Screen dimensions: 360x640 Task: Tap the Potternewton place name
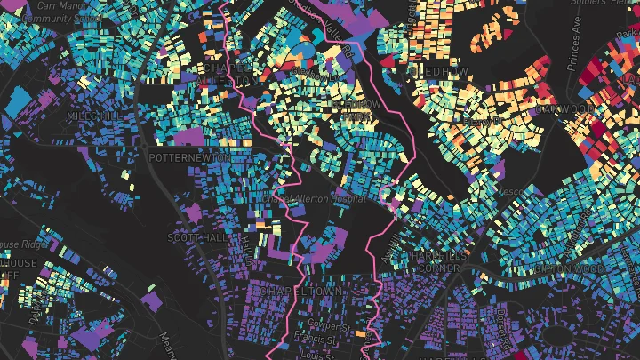pyautogui.click(x=190, y=157)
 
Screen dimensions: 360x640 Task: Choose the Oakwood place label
pyautogui.click(x=568, y=109)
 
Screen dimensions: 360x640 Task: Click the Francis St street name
pyautogui.click(x=316, y=338)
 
